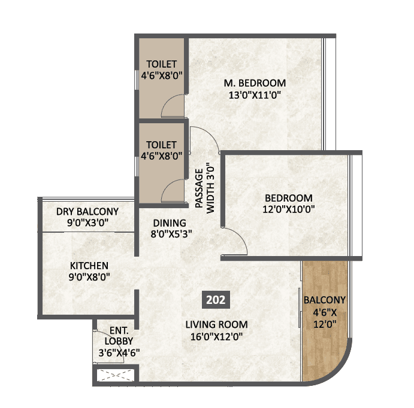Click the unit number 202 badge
(x=215, y=300)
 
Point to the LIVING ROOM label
(x=216, y=325)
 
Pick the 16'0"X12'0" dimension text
(x=216, y=336)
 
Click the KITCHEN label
(x=89, y=265)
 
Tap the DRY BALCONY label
(x=87, y=211)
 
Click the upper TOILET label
(x=161, y=64)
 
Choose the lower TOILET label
(x=161, y=145)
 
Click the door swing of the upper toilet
(x=174, y=106)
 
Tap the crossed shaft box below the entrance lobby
(x=117, y=376)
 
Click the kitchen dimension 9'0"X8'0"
(x=89, y=276)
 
